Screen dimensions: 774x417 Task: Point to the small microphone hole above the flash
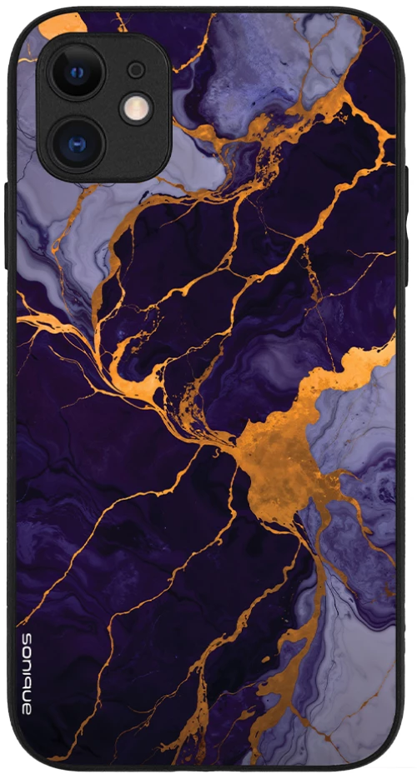point(136,69)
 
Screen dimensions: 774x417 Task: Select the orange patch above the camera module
point(63,24)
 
